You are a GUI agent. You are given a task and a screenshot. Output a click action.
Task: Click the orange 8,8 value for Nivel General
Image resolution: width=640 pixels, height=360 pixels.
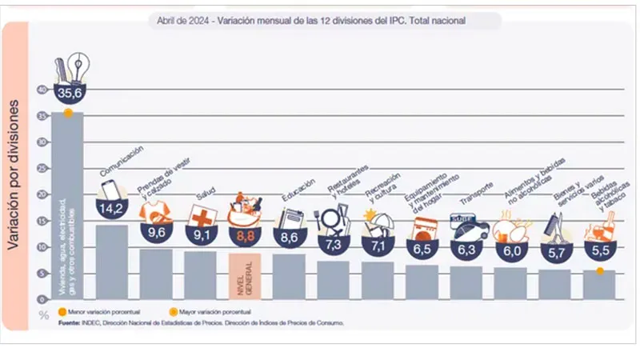pos(245,235)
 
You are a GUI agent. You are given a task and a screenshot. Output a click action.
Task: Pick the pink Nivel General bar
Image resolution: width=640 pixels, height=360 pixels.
pos(245,275)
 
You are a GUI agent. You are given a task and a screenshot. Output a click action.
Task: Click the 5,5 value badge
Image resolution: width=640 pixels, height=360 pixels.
pos(598,250)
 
